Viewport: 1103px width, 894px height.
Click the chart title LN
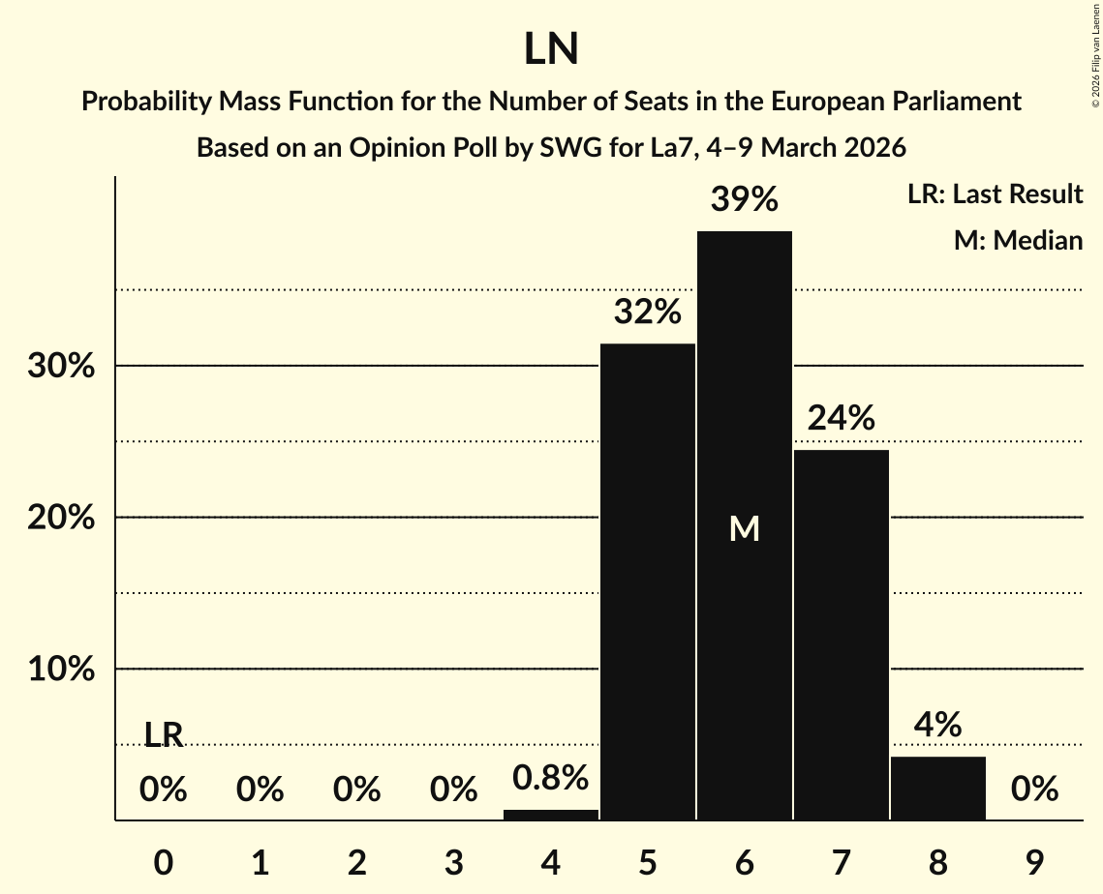[551, 49]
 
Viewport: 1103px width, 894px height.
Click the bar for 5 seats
[647, 581]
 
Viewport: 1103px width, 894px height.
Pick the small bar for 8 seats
[937, 788]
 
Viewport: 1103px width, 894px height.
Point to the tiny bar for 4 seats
[550, 815]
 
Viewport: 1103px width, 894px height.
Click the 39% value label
[744, 199]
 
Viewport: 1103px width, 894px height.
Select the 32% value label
[647, 313]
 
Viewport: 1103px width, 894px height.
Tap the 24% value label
[841, 418]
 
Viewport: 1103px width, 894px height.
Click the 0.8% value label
[550, 777]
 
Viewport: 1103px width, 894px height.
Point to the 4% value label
[937, 725]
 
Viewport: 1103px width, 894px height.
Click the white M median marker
[744, 528]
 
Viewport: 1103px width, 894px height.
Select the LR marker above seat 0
[164, 735]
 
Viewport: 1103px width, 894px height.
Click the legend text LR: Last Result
[995, 194]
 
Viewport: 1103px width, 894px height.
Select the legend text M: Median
[1018, 240]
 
